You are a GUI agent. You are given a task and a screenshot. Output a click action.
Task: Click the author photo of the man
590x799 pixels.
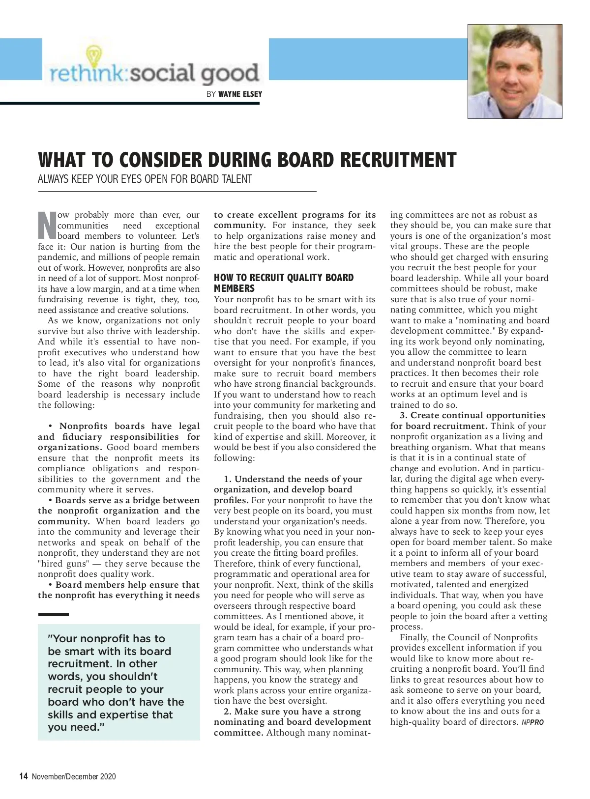pyautogui.click(x=514, y=72)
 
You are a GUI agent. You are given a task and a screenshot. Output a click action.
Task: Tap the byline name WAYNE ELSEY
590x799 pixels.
pyautogui.click(x=240, y=94)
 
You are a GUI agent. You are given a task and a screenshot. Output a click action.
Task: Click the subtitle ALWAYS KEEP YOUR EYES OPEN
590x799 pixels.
pyautogui.click(x=145, y=179)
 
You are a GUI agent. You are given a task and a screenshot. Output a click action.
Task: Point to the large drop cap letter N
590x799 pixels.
pyautogui.click(x=47, y=226)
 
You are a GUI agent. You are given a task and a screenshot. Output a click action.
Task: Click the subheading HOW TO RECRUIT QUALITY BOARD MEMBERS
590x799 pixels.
pyautogui.click(x=283, y=283)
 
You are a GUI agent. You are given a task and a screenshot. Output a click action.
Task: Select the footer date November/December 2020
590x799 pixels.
pyautogui.click(x=74, y=776)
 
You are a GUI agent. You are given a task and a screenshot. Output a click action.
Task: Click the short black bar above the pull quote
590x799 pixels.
pyautogui.click(x=53, y=615)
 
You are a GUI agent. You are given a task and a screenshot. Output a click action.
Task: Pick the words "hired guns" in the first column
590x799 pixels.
pyautogui.click(x=63, y=564)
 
